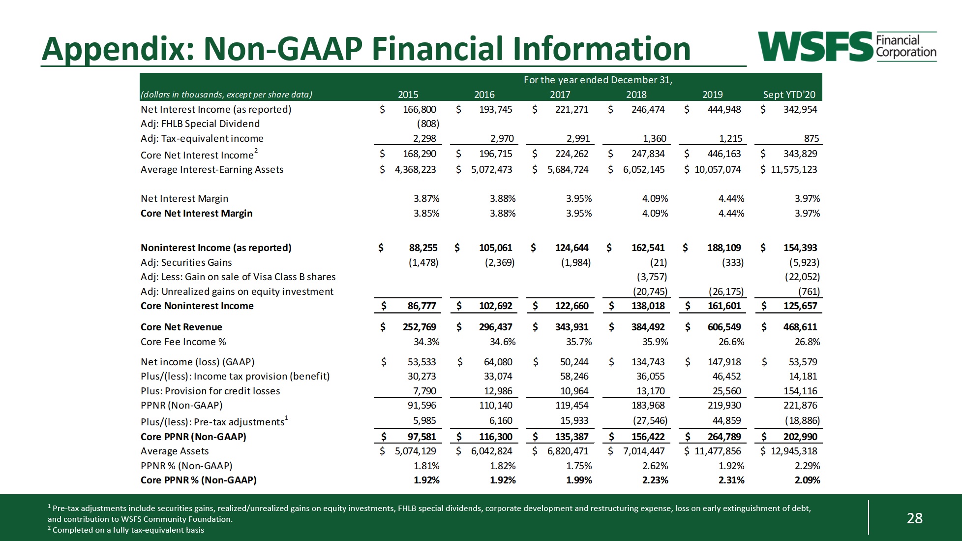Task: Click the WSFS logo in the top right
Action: tap(846, 47)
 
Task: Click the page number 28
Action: tap(914, 518)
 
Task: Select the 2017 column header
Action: tap(560, 95)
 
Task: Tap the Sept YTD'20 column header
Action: tap(789, 95)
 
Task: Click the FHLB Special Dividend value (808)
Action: tap(428, 124)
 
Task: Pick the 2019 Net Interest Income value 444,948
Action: tap(724, 109)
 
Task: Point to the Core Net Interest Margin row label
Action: tap(196, 213)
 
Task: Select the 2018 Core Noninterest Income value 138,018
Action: tap(648, 306)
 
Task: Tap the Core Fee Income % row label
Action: tap(183, 342)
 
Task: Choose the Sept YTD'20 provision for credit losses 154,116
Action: tap(800, 391)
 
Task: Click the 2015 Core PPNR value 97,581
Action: tap(421, 437)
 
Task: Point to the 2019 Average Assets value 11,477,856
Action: tap(718, 451)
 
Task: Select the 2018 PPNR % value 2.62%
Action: tap(655, 466)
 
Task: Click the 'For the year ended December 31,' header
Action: tap(598, 80)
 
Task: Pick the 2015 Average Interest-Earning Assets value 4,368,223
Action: tap(415, 169)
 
